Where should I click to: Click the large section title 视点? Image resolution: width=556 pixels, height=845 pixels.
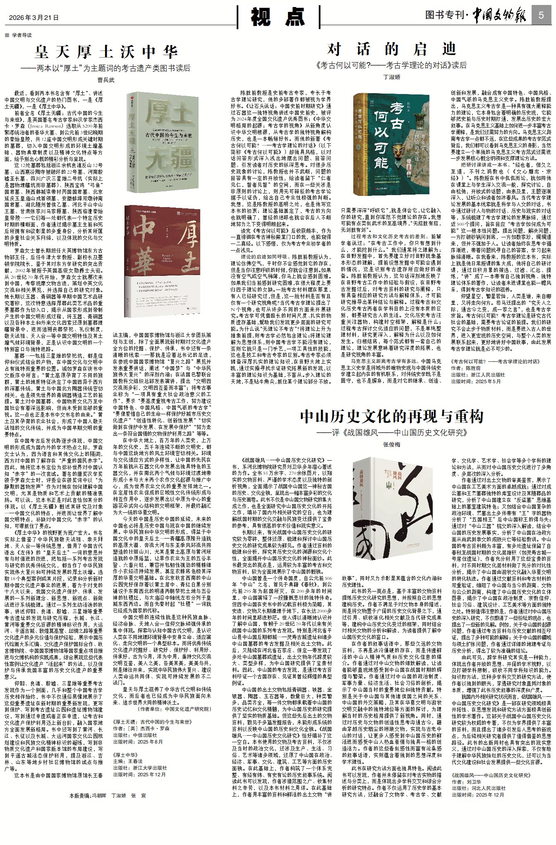click(x=278, y=17)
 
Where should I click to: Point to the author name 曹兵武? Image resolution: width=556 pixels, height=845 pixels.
click(x=106, y=80)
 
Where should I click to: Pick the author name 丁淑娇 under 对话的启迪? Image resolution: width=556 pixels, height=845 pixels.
click(x=392, y=77)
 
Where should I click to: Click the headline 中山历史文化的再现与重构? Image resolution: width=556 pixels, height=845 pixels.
click(x=391, y=416)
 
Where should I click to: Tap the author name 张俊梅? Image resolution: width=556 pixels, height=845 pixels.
click(x=391, y=444)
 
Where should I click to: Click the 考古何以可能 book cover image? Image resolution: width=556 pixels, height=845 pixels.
click(x=391, y=144)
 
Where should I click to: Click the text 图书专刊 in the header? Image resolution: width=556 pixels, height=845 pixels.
click(x=444, y=16)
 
